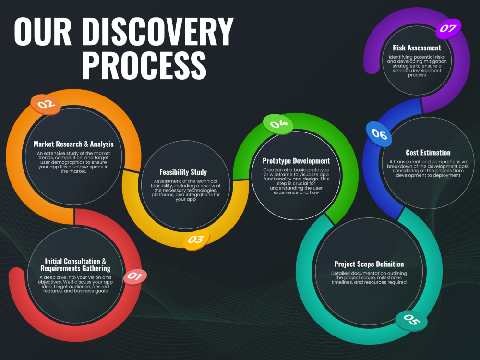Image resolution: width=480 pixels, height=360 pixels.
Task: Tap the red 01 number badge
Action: tap(135, 276)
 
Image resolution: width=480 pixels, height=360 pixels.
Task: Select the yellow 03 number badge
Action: tap(196, 240)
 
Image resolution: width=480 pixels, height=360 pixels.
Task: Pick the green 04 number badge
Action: tap(278, 124)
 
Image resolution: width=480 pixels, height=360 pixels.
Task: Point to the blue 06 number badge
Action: tap(379, 134)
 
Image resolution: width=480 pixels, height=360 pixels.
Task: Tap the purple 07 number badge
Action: tap(448, 28)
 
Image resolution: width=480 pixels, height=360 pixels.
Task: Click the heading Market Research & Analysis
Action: tap(73, 144)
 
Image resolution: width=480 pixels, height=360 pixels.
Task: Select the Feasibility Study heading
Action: tap(183, 172)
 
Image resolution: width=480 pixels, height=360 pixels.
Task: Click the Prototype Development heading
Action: tap(296, 161)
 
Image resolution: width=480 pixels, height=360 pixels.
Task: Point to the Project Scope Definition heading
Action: tap(369, 264)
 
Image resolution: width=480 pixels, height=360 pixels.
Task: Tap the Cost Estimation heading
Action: tap(428, 153)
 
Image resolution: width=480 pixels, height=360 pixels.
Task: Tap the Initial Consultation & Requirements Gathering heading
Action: tap(75, 265)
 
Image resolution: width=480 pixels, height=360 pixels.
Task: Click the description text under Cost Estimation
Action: tap(428, 168)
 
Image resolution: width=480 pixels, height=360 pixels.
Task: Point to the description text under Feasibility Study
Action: tap(183, 190)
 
